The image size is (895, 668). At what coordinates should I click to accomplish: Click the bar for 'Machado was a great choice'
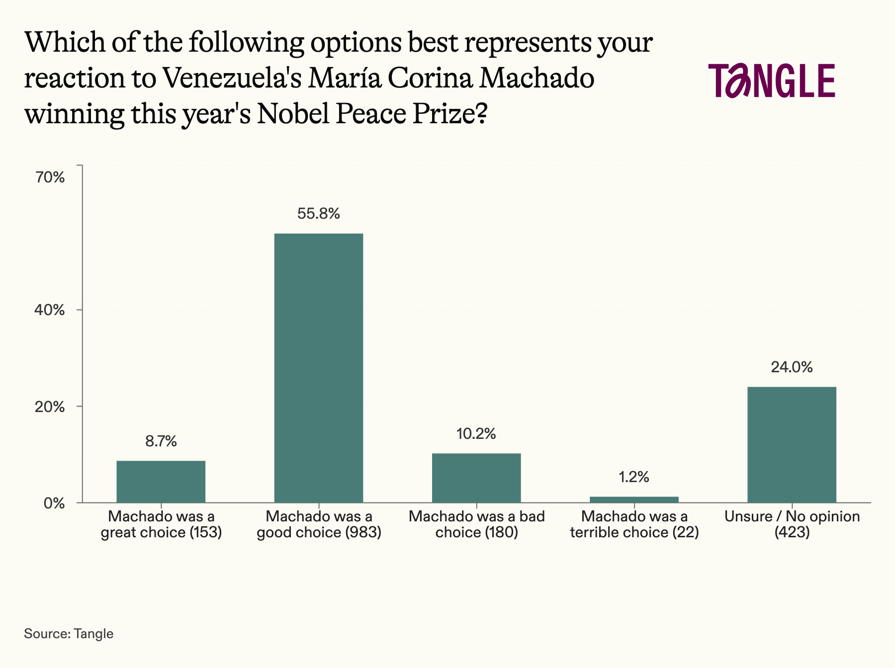coord(161,481)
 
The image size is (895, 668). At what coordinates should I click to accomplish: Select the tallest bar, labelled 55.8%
coord(319,368)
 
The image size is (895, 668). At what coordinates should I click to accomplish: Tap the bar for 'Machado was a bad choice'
coord(476,478)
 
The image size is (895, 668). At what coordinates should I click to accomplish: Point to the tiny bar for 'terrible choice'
coord(634,499)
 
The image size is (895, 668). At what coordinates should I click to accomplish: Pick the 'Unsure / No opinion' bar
coord(792,444)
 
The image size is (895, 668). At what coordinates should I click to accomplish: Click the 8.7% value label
coord(161,441)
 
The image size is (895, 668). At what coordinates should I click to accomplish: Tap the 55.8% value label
coord(319,214)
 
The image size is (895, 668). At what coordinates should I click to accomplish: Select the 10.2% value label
coord(476,434)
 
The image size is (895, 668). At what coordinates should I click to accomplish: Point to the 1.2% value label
coord(634,477)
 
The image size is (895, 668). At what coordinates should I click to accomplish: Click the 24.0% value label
coord(792,367)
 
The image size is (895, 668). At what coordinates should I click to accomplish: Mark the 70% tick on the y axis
coord(50,177)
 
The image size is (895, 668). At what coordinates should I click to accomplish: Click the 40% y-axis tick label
coord(50,310)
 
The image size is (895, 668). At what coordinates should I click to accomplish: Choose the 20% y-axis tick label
coord(50,407)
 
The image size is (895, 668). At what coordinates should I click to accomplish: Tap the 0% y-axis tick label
coord(54,503)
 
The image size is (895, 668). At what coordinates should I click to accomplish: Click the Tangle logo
coord(772,81)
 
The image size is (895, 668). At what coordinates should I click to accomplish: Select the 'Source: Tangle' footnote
coord(69,634)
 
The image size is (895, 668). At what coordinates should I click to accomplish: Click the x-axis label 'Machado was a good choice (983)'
coord(319,524)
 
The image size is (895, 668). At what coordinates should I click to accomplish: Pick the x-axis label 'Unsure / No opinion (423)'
coord(792,524)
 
